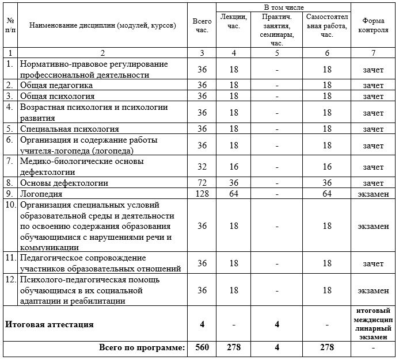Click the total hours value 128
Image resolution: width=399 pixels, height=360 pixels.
pyautogui.click(x=202, y=194)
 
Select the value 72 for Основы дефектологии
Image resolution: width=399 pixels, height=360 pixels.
pyautogui.click(x=202, y=183)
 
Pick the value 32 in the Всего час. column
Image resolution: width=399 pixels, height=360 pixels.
pyautogui.click(x=202, y=167)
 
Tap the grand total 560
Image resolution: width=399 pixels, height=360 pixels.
pyautogui.click(x=202, y=348)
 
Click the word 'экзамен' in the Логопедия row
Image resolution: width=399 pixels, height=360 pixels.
pyautogui.click(x=373, y=194)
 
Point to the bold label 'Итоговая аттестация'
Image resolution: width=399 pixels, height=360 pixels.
pyautogui.click(x=50, y=324)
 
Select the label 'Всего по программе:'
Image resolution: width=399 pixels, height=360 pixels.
pyautogui.click(x=142, y=348)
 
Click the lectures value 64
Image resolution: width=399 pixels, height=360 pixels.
pyautogui.click(x=233, y=194)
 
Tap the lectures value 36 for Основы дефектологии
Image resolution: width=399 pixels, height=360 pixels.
pyautogui.click(x=233, y=183)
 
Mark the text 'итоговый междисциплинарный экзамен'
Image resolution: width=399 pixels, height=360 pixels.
pyautogui.click(x=373, y=324)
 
